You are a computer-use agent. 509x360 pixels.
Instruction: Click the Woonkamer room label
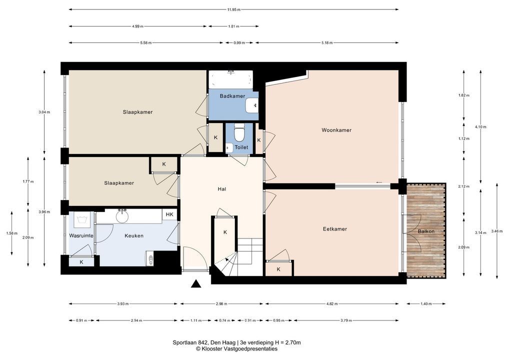click(336, 130)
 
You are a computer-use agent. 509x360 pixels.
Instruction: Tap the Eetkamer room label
click(334, 229)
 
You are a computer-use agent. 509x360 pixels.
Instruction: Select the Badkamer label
click(232, 96)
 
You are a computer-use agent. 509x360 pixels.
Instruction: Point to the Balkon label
click(426, 231)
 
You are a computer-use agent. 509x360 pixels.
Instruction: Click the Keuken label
click(133, 236)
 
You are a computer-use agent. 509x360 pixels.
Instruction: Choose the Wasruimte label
click(81, 235)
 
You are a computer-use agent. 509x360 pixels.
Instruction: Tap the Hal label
click(221, 189)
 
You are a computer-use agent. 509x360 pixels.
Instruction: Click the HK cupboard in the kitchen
click(169, 214)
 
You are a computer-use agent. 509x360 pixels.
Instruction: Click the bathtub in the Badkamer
click(230, 79)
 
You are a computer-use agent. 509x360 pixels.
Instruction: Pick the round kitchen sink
click(122, 217)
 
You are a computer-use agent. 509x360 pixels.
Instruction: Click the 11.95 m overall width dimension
click(233, 9)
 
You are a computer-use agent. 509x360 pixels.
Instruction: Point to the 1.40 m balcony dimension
click(426, 304)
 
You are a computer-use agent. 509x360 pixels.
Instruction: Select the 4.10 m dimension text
click(480, 127)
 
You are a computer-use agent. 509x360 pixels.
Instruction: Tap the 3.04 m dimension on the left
click(44, 112)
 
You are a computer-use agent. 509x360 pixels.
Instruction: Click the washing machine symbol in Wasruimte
click(81, 219)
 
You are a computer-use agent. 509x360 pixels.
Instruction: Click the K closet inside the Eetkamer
click(279, 269)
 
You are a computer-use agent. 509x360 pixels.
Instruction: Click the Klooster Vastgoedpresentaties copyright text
click(236, 349)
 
